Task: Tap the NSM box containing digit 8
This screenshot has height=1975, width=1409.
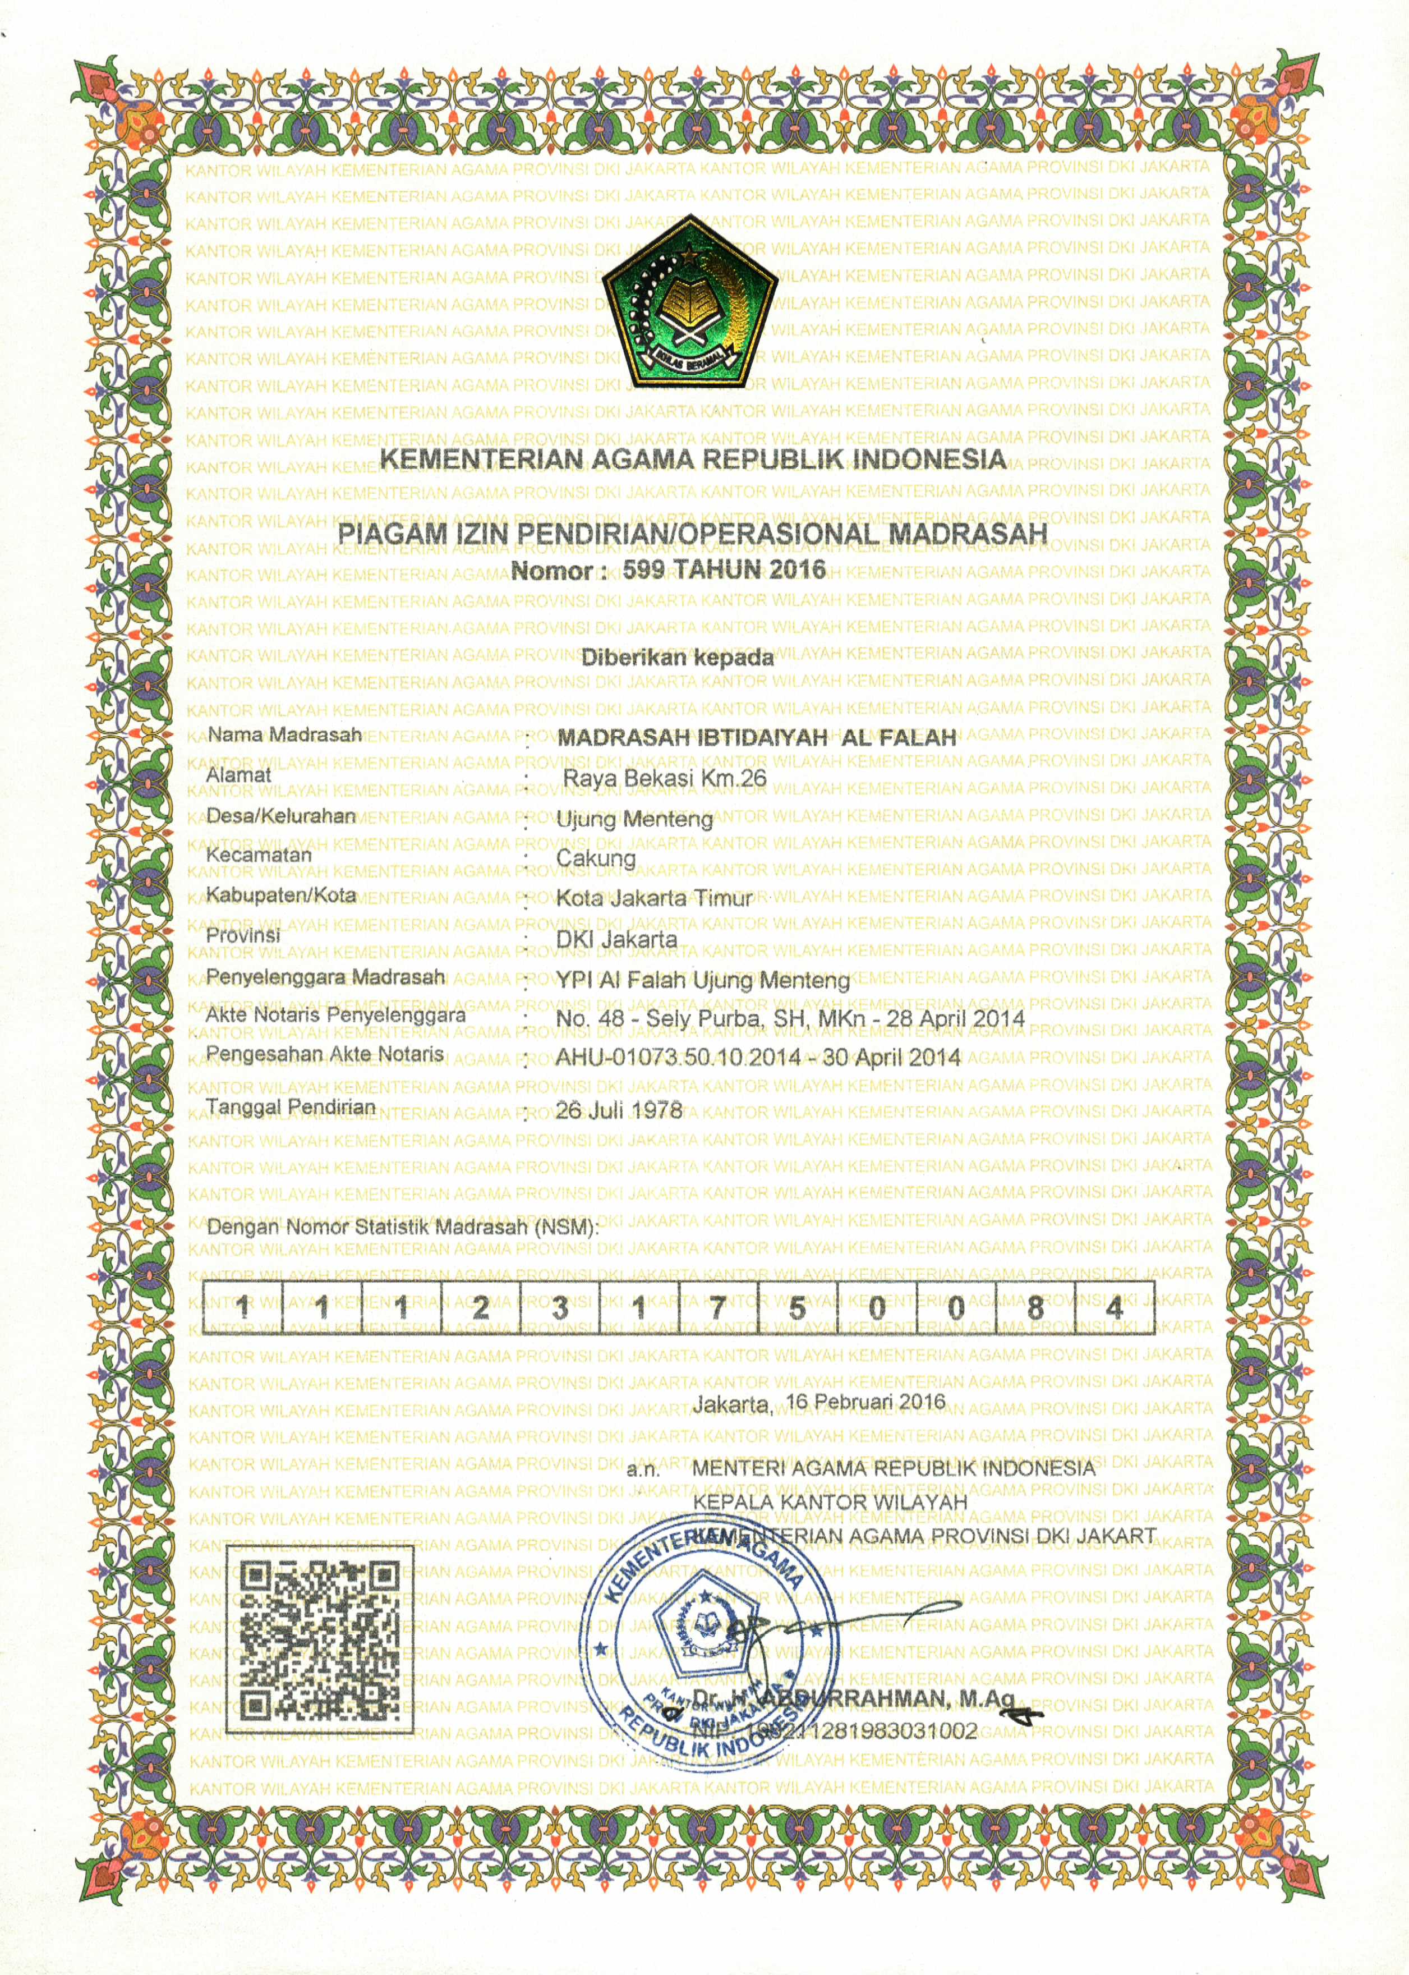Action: [1034, 1307]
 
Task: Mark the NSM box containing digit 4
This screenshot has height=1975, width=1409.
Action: [1114, 1307]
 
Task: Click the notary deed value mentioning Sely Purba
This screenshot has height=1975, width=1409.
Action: [790, 1018]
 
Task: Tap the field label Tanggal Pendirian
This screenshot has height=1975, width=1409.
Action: [291, 1106]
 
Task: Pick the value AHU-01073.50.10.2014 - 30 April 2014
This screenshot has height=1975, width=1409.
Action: [757, 1057]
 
